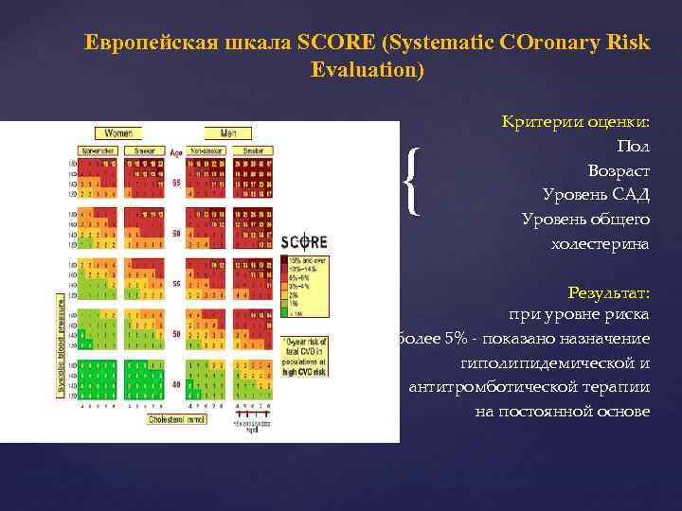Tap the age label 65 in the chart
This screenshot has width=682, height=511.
[x=176, y=184]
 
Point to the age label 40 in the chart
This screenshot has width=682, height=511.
[x=176, y=384]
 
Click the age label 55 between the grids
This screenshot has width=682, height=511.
[x=176, y=283]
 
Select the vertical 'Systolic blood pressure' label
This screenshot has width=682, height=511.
[x=62, y=345]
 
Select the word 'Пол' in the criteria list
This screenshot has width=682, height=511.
[x=633, y=146]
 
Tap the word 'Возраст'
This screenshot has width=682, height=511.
[x=618, y=170]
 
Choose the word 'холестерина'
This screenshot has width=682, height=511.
[x=600, y=244]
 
